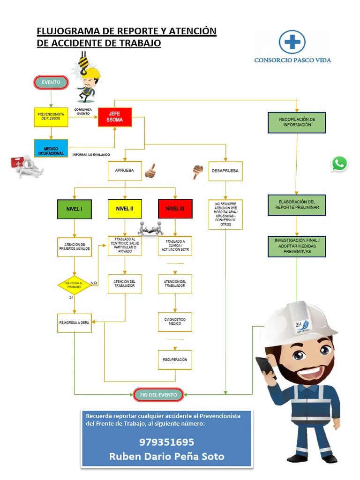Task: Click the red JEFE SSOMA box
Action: point(115,117)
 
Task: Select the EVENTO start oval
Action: point(51,82)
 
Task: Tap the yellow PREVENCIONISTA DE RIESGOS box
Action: point(51,117)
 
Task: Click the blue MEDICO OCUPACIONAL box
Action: point(51,148)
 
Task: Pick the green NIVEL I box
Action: point(74,209)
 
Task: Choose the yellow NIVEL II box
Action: point(125,209)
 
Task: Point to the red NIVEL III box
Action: point(175,209)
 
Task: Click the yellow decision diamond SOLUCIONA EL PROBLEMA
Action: point(74,285)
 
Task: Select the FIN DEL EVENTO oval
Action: point(158,395)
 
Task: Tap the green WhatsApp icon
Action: point(339,164)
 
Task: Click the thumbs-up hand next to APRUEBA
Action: point(150,171)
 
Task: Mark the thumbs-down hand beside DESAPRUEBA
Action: point(198,172)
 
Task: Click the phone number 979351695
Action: point(166,442)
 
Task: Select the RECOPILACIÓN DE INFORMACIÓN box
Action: point(297,122)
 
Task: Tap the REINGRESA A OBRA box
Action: point(74,323)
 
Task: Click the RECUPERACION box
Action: point(175,360)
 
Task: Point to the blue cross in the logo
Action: point(292,42)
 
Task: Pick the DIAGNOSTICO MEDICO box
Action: point(175,322)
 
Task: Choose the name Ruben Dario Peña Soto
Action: point(166,456)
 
